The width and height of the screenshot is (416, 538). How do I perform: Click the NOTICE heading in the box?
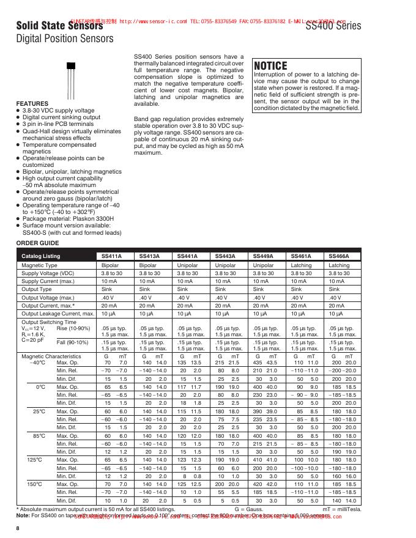270,66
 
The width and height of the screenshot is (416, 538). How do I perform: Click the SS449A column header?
264,256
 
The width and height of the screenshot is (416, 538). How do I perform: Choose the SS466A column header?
339,256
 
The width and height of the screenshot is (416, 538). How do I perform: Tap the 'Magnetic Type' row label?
40,265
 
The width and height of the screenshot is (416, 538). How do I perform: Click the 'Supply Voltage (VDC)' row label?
48,273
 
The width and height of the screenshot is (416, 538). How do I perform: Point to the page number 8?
18,528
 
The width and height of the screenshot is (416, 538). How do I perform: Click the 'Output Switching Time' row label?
49,322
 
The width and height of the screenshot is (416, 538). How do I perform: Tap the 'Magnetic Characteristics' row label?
51,356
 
